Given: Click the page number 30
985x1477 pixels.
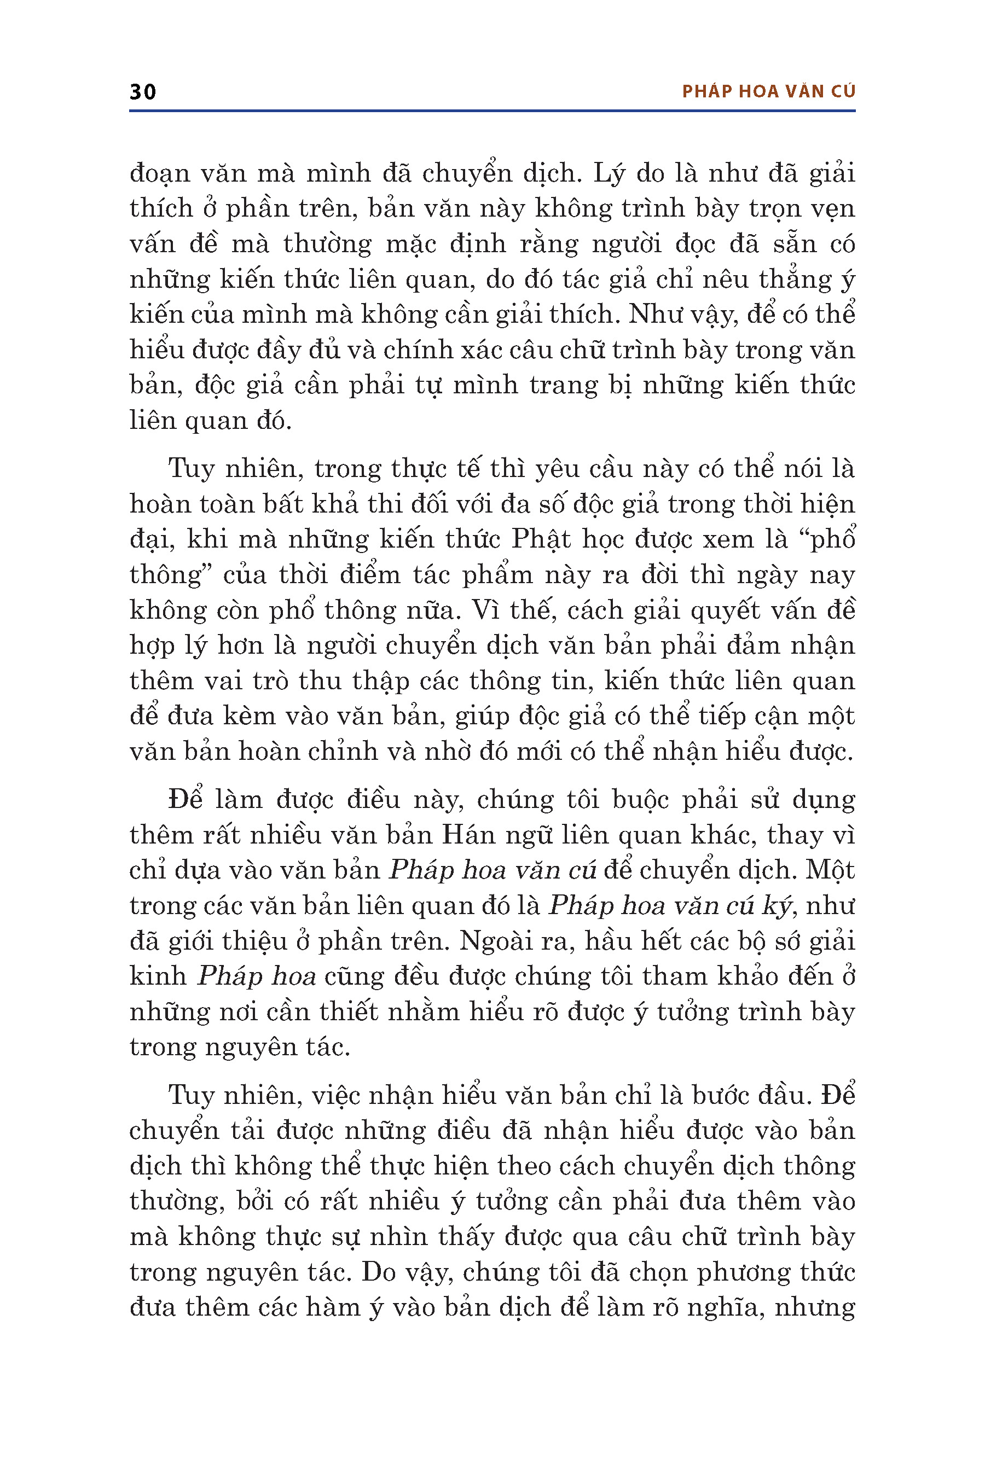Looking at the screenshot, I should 143,92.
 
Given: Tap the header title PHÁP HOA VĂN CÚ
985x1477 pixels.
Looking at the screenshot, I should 768,92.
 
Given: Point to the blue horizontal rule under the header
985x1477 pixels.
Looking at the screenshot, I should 492,111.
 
